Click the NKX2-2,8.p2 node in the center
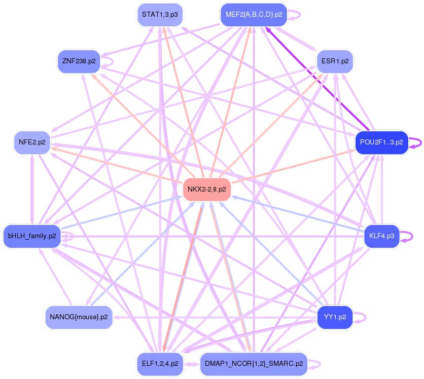[x=206, y=189]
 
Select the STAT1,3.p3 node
[x=160, y=15]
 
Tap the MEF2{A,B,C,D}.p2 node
[x=254, y=15]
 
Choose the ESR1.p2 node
[x=335, y=61]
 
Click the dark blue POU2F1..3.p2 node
[x=381, y=142]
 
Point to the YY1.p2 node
[x=335, y=317]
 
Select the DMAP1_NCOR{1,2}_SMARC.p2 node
[x=254, y=364]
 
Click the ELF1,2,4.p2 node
[x=160, y=364]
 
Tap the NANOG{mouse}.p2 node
[x=79, y=317]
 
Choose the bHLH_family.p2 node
[x=32, y=236]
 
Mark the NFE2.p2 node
[x=32, y=142]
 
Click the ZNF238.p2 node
[x=79, y=61]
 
